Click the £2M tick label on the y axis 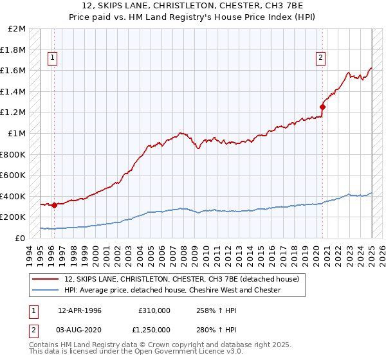click(x=17, y=29)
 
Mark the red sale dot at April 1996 click(x=54, y=205)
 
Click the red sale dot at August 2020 click(x=322, y=107)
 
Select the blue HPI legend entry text click(x=172, y=291)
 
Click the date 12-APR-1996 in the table click(x=80, y=310)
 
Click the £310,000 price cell click(x=154, y=310)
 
